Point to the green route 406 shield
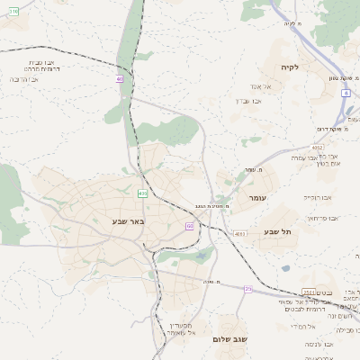coord(142,193)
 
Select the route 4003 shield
coord(238,234)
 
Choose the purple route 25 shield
coord(247,288)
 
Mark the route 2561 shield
coord(309,292)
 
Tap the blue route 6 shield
coord(346,93)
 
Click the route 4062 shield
coord(318,147)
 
